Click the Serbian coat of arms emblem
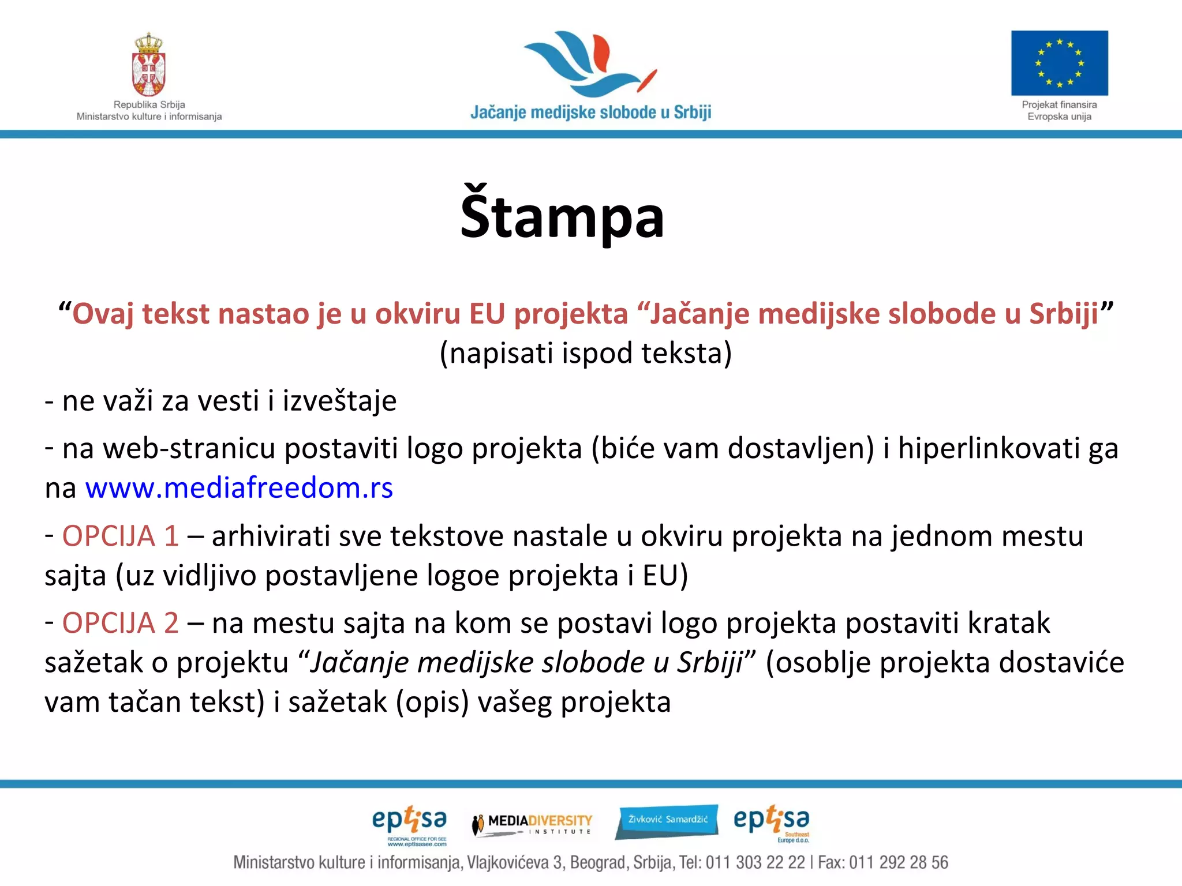[x=149, y=65]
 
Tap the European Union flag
[x=1059, y=63]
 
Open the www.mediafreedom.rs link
[x=239, y=488]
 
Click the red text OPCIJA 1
[x=120, y=536]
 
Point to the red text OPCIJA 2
[x=120, y=623]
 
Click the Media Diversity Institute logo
[x=532, y=823]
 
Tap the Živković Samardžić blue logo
[x=667, y=820]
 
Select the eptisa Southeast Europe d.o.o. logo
[x=772, y=823]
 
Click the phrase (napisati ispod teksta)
[x=585, y=353]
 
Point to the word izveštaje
[x=339, y=401]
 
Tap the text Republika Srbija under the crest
[x=149, y=104]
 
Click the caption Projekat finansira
[x=1059, y=104]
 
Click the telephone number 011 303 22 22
[x=755, y=862]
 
